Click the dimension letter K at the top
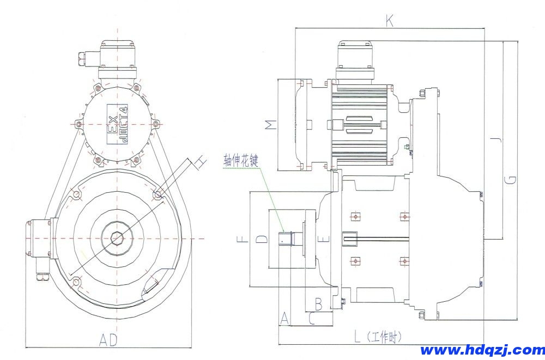point(389,21)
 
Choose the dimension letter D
point(262,239)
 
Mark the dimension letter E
point(325,238)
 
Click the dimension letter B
point(319,301)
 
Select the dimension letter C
point(311,318)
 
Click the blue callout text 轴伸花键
point(244,160)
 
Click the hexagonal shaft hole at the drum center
point(116,238)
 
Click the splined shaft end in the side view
point(286,239)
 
